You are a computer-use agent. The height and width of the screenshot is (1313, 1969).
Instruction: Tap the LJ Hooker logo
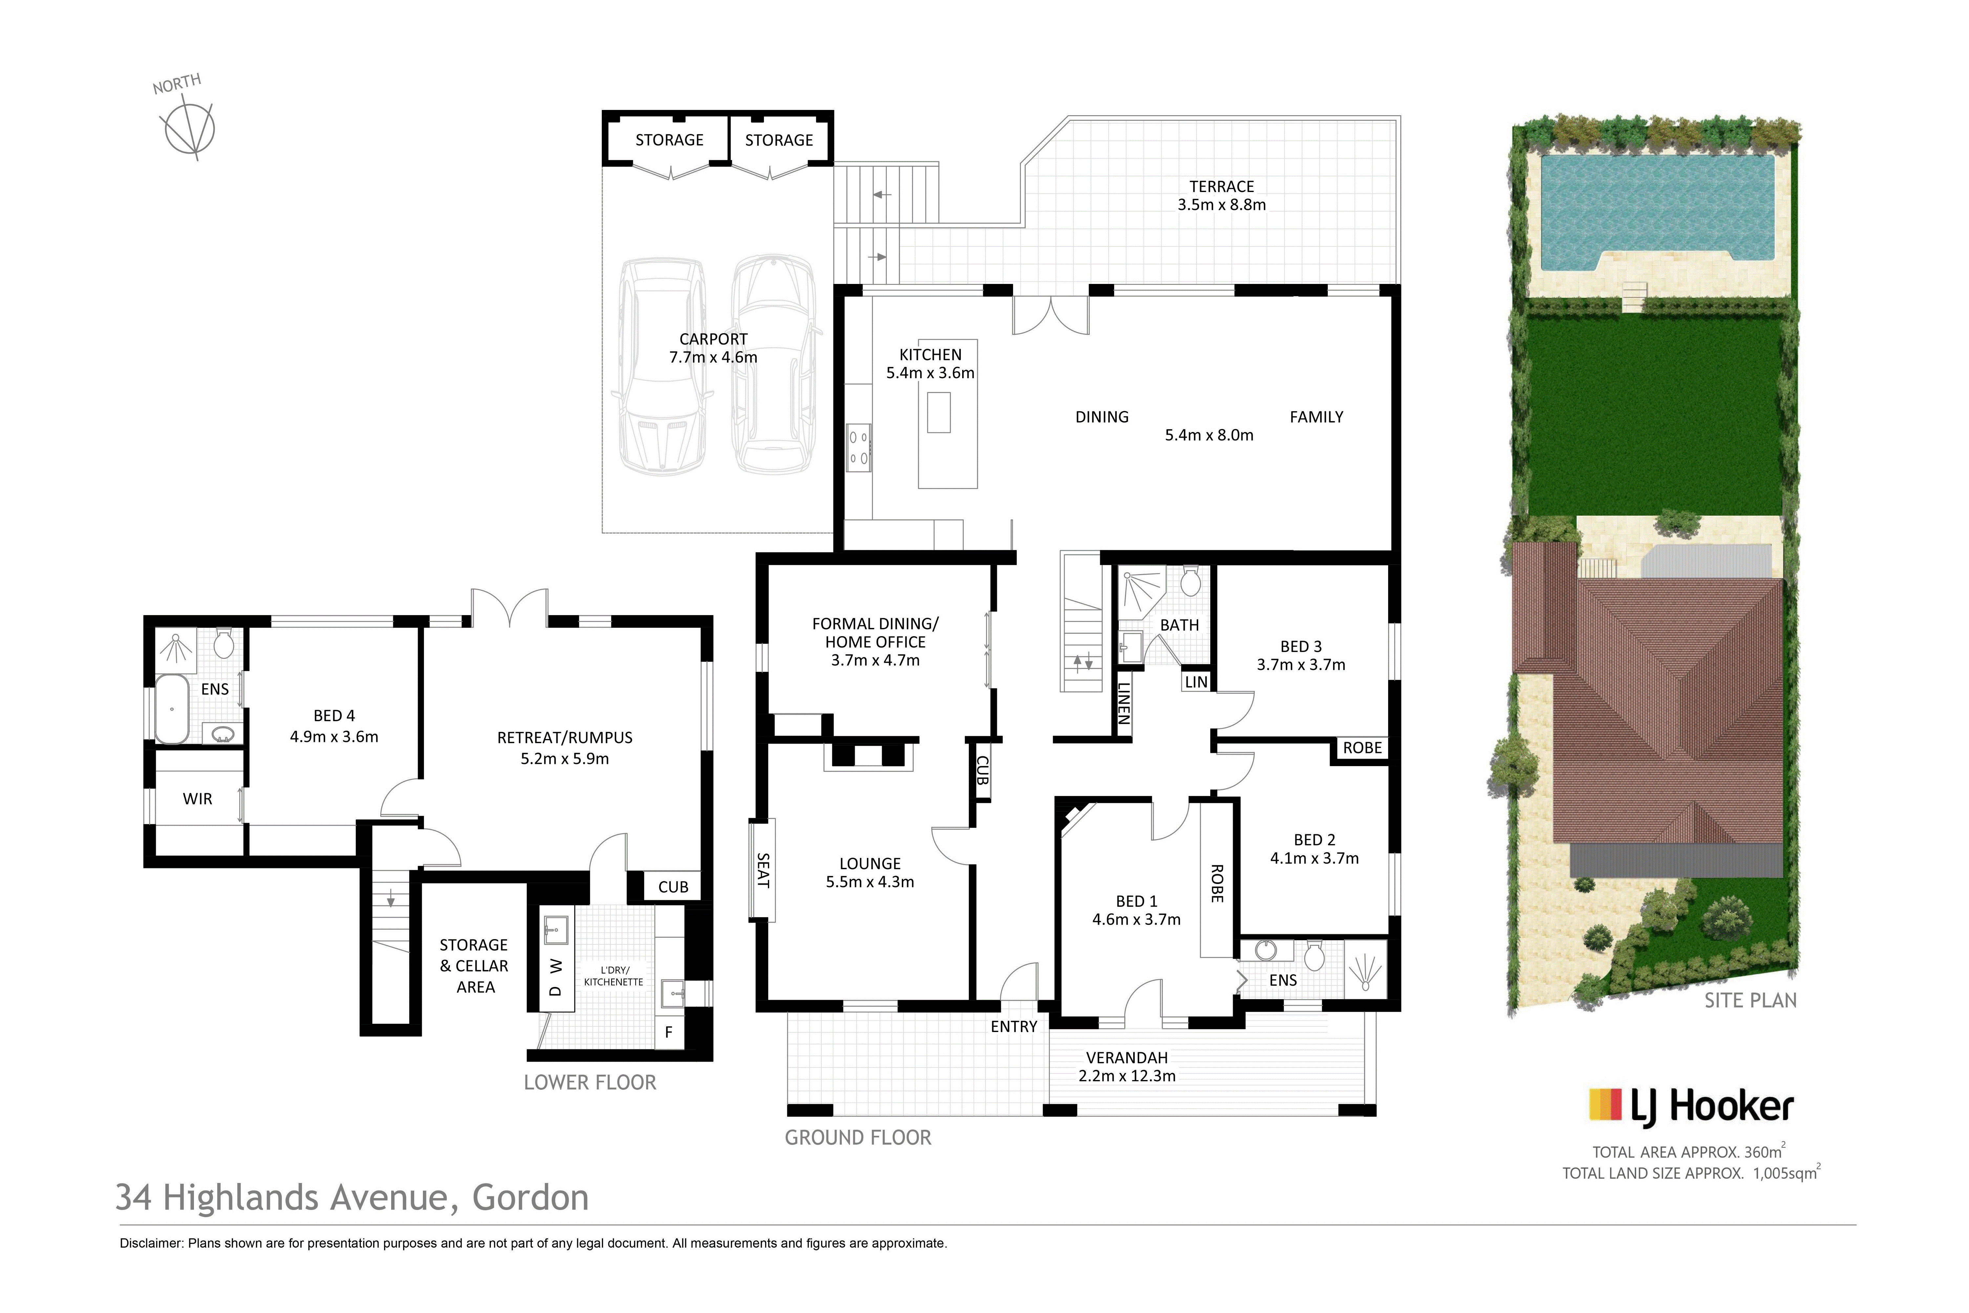pos(1691,1105)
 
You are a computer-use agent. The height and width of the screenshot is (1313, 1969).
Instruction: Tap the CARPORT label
pos(713,339)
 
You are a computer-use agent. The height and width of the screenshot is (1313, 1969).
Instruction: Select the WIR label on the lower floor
pos(198,799)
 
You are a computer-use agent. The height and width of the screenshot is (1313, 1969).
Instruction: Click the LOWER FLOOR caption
pos(590,1083)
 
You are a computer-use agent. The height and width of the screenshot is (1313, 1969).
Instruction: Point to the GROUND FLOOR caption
pos(858,1137)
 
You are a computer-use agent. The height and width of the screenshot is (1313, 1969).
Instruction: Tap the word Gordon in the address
pos(531,1197)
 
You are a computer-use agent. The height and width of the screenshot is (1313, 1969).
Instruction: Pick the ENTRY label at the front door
pos(1014,1027)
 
